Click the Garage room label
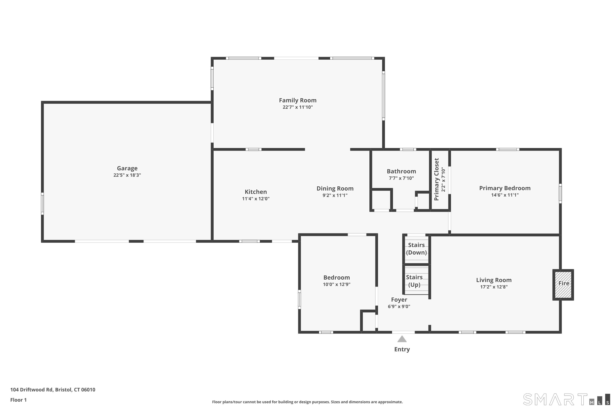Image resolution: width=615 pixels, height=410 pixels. coord(127,168)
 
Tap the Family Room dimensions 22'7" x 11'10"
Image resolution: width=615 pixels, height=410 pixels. coord(298,107)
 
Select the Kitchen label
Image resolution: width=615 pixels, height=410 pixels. coord(256,192)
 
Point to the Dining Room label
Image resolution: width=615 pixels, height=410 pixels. coord(335,189)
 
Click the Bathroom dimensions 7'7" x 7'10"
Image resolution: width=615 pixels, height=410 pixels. coord(401,178)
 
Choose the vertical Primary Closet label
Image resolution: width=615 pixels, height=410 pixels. coord(436,179)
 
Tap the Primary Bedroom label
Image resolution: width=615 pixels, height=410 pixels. coord(505,188)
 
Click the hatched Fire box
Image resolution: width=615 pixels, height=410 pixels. coord(563,285)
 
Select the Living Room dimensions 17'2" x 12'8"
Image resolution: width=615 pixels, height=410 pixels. coord(494,287)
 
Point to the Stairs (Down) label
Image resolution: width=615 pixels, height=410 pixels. coord(416,249)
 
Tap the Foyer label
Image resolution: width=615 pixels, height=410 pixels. coord(399,300)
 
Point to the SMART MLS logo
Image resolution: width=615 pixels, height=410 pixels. coord(566,399)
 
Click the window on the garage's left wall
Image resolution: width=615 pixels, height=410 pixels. coord(42,204)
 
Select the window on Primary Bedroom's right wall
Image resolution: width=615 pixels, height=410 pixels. coord(560,194)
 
